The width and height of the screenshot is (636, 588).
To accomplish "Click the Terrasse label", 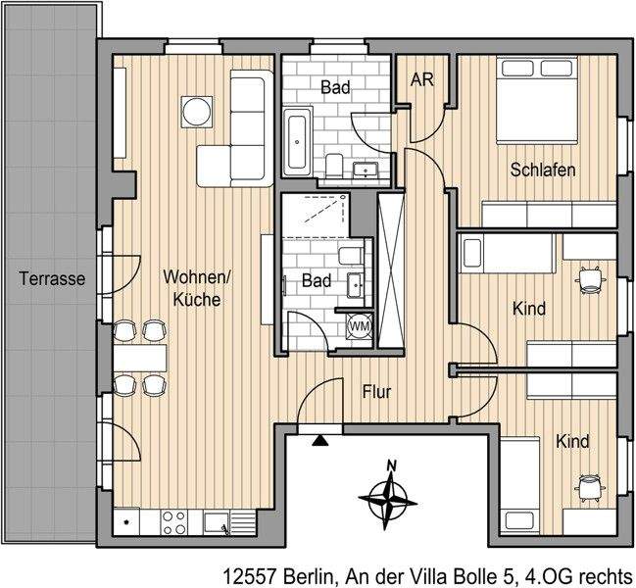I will click(x=52, y=279).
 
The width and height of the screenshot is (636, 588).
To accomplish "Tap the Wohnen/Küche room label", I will click(x=196, y=288).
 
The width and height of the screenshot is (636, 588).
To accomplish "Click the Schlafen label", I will click(x=542, y=170).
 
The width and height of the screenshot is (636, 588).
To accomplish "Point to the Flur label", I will click(x=376, y=392).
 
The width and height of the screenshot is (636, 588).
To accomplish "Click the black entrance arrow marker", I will click(x=318, y=440).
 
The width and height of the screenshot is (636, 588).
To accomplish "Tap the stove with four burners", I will click(x=174, y=520).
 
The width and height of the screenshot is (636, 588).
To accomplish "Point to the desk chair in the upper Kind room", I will click(x=590, y=278).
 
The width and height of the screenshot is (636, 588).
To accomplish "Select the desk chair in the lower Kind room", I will click(x=590, y=488).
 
